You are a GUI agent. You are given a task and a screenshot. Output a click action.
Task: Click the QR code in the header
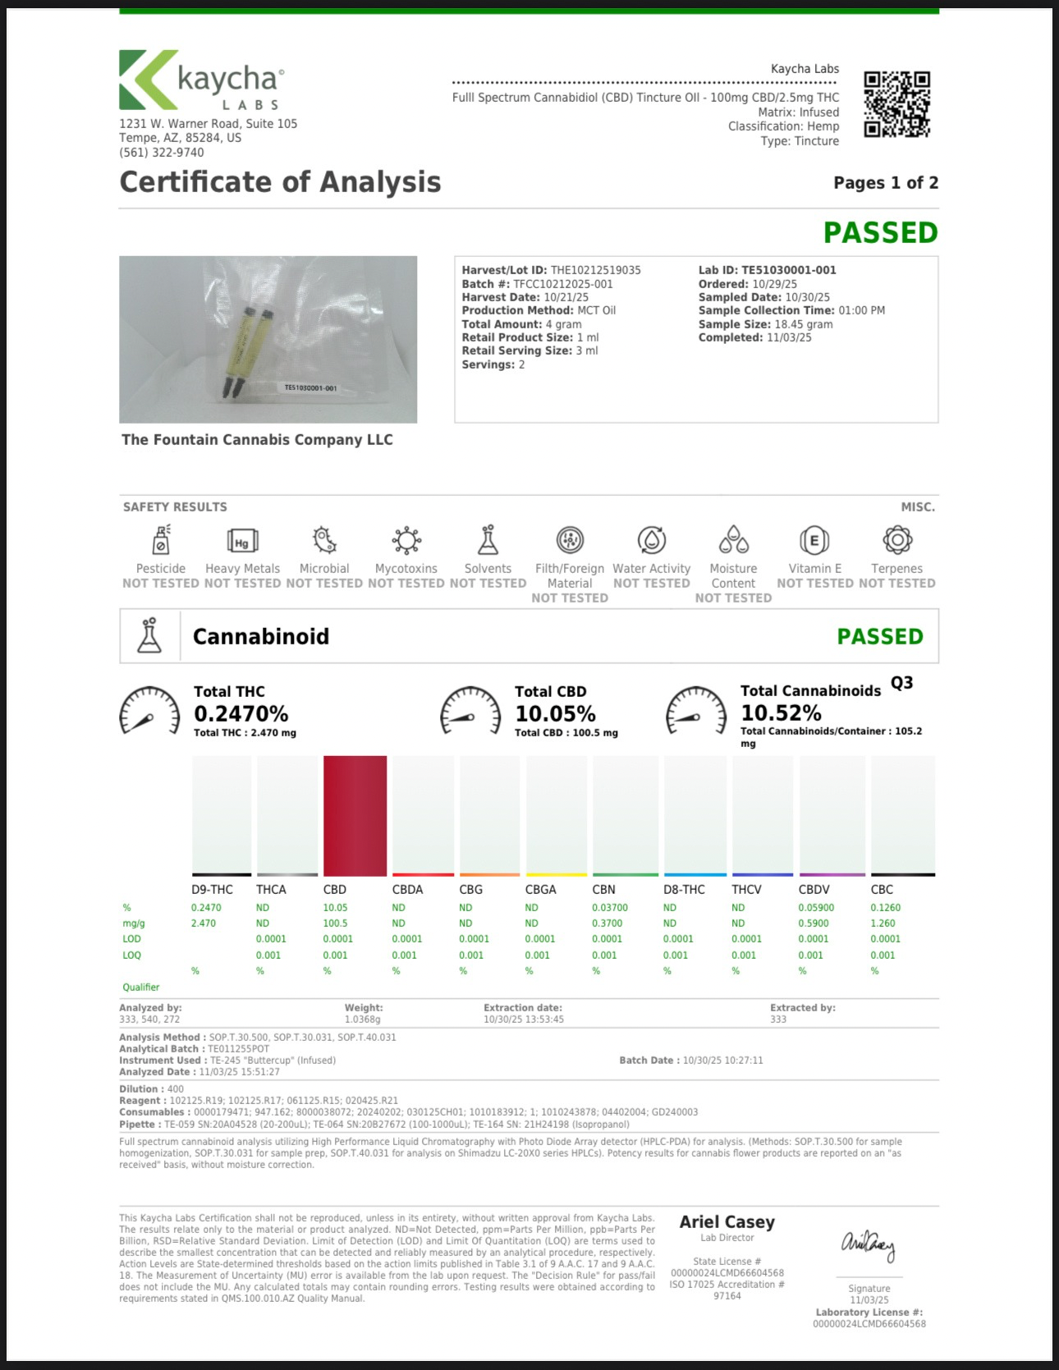tap(896, 104)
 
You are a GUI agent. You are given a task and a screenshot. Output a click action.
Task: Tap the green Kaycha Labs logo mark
tap(148, 80)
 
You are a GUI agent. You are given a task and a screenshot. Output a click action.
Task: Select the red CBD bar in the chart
tap(355, 815)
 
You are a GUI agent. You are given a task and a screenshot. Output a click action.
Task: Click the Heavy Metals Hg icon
tap(242, 541)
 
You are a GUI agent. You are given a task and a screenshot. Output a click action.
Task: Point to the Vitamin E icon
tap(814, 540)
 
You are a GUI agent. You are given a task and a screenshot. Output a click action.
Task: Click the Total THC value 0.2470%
tap(241, 713)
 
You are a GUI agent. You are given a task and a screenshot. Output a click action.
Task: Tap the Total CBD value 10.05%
tap(555, 713)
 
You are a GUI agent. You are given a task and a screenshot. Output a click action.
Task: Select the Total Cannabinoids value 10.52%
tap(781, 712)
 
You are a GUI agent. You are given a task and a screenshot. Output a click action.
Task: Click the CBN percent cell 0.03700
tap(610, 908)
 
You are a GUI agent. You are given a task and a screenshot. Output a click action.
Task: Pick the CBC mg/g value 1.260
tap(882, 923)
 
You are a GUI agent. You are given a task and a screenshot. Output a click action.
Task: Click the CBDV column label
tap(814, 890)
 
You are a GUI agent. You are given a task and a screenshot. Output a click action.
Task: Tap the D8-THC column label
tap(684, 890)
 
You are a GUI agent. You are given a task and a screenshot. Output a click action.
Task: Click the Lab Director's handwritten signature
tap(868, 1245)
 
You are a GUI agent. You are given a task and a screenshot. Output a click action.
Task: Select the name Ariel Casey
tap(727, 1222)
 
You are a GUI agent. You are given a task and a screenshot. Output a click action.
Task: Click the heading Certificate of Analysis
tap(280, 182)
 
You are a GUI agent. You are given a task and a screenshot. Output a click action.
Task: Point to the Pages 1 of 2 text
tap(886, 183)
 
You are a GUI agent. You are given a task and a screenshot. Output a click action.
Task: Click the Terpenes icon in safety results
tap(897, 540)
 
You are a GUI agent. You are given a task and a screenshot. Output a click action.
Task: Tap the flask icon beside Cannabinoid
tap(149, 636)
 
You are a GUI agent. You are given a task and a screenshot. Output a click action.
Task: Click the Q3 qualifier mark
tap(901, 683)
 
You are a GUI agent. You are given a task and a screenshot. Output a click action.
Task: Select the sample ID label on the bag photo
tap(310, 387)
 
